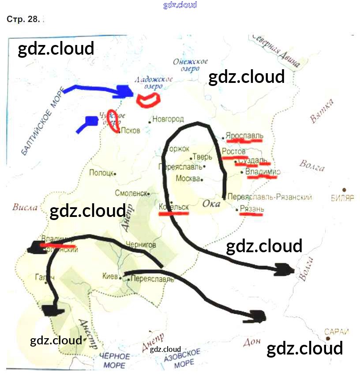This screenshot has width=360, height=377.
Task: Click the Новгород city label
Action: point(169,119)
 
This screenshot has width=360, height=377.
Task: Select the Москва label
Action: point(187,179)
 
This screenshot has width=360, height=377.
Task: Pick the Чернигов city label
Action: point(141,244)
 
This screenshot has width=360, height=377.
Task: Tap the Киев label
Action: point(109,277)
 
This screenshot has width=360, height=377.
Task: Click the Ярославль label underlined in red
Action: point(244,135)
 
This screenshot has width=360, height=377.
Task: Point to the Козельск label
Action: point(173,207)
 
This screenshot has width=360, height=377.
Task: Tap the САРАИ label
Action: point(336,332)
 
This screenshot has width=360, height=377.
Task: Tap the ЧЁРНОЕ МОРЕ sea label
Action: point(114,361)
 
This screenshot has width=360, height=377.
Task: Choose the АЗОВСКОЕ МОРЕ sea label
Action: point(182,358)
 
